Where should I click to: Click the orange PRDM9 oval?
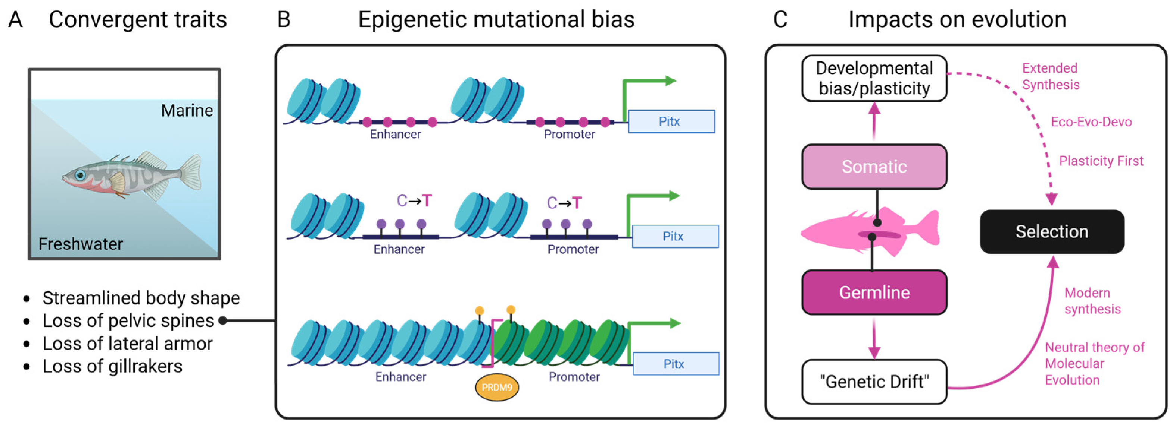[497, 387]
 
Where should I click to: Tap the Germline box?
[874, 292]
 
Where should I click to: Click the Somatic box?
[874, 167]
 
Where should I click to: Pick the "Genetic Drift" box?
[874, 382]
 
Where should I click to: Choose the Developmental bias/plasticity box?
[874, 78]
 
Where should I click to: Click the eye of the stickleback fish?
[80, 175]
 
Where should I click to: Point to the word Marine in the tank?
[187, 110]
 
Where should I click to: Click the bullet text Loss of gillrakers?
[112, 366]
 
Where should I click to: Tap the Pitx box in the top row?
[671, 121]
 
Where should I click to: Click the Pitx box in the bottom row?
[676, 364]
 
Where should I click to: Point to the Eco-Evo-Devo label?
[1091, 122]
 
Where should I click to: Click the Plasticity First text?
[1101, 161]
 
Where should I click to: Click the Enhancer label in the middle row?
[399, 249]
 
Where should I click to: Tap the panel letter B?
[284, 20]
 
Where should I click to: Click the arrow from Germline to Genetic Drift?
[874, 340]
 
